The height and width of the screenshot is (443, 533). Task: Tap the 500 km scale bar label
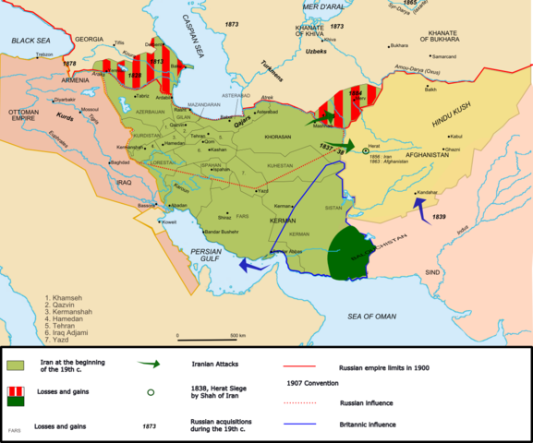[x=237, y=335]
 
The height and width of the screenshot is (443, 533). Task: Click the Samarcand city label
[x=444, y=57]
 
